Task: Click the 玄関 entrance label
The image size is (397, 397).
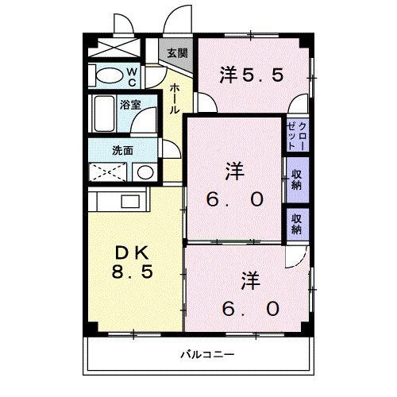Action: point(178,54)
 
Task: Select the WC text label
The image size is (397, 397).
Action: point(154,77)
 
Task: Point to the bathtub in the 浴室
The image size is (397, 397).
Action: point(105,116)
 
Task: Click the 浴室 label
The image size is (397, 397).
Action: point(129,104)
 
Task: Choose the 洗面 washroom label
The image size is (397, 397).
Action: point(122,150)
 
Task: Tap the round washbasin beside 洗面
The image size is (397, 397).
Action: point(144,172)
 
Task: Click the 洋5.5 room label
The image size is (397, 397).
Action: point(251,75)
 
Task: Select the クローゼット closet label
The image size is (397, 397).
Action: point(298,135)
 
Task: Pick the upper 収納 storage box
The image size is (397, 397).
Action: point(296,179)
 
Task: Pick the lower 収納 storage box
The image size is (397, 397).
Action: point(296,223)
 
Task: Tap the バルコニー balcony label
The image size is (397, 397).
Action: point(206,353)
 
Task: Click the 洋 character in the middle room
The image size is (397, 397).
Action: point(233,169)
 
